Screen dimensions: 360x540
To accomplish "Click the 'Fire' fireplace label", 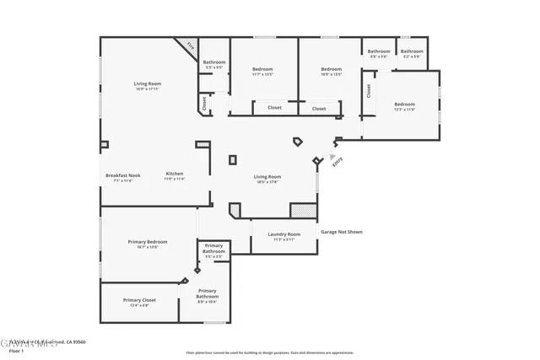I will (x=191, y=47).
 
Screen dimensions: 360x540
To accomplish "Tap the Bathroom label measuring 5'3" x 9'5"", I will (x=214, y=63).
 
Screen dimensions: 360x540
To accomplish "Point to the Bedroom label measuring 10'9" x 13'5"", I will (x=332, y=71).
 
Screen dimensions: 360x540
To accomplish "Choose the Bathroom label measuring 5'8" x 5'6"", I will (x=378, y=53).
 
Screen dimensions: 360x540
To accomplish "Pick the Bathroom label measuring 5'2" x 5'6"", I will (x=412, y=53).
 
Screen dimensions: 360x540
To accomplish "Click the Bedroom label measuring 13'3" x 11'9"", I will (x=406, y=105).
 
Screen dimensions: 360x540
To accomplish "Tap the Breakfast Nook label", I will (x=123, y=177).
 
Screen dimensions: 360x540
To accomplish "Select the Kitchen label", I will (x=175, y=175).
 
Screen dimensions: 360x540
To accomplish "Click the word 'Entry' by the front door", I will (x=337, y=163).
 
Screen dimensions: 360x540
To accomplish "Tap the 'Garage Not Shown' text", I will (x=342, y=231).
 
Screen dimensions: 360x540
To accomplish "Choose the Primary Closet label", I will (x=139, y=302).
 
